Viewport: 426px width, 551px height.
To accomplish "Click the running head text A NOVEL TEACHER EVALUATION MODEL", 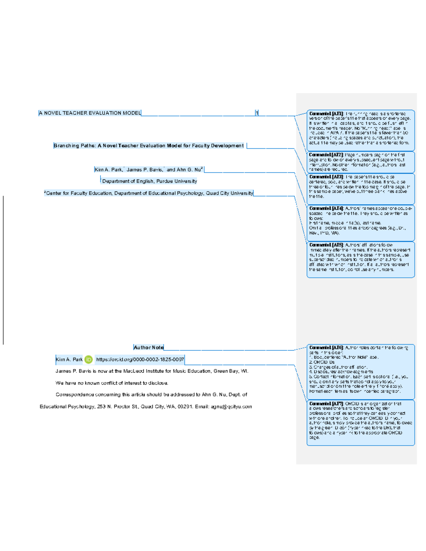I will (x=89, y=113).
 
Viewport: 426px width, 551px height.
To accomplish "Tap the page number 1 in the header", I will (x=257, y=113).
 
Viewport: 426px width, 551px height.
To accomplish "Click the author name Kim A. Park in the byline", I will (x=108, y=170).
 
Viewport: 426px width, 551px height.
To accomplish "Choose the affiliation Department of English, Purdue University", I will (x=149, y=181).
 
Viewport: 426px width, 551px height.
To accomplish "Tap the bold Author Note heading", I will (x=149, y=348).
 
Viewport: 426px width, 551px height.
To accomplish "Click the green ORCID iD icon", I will (x=88, y=360).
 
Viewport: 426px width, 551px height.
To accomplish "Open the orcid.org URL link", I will (x=140, y=360).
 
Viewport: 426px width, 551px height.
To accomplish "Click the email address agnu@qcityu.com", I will (x=231, y=407).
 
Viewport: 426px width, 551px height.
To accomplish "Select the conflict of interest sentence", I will (x=112, y=383).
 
